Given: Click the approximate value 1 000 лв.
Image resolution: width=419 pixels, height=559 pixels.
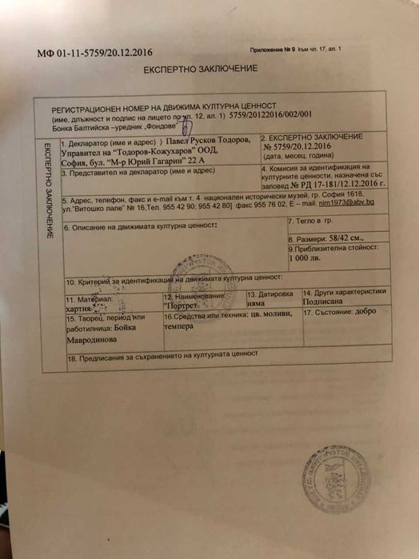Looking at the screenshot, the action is pyautogui.click(x=305, y=258).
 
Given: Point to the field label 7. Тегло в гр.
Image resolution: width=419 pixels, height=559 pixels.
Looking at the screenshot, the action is pyautogui.click(x=309, y=218).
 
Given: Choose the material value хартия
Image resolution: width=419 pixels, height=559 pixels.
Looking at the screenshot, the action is pyautogui.click(x=82, y=306).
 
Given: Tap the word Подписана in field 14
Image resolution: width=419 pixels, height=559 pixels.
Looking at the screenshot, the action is pyautogui.click(x=325, y=303).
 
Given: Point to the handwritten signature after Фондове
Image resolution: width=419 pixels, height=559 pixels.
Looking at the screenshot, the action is pyautogui.click(x=187, y=126).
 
